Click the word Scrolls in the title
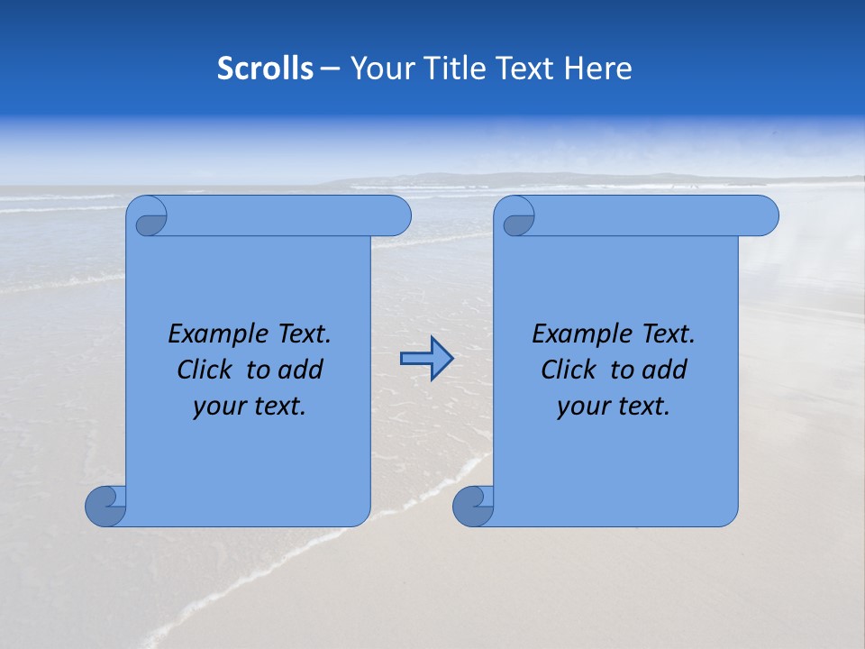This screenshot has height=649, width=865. [x=266, y=68]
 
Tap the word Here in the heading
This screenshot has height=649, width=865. [x=598, y=68]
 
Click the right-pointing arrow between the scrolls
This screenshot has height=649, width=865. [x=426, y=359]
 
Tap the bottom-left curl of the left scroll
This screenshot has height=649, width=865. [x=105, y=507]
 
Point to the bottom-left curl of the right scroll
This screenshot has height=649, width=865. [x=473, y=507]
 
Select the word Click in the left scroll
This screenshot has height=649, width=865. [x=207, y=370]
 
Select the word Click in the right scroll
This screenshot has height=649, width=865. [x=571, y=370]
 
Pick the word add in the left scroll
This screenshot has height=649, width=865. [x=301, y=370]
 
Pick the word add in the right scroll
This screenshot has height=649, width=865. [x=665, y=370]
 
